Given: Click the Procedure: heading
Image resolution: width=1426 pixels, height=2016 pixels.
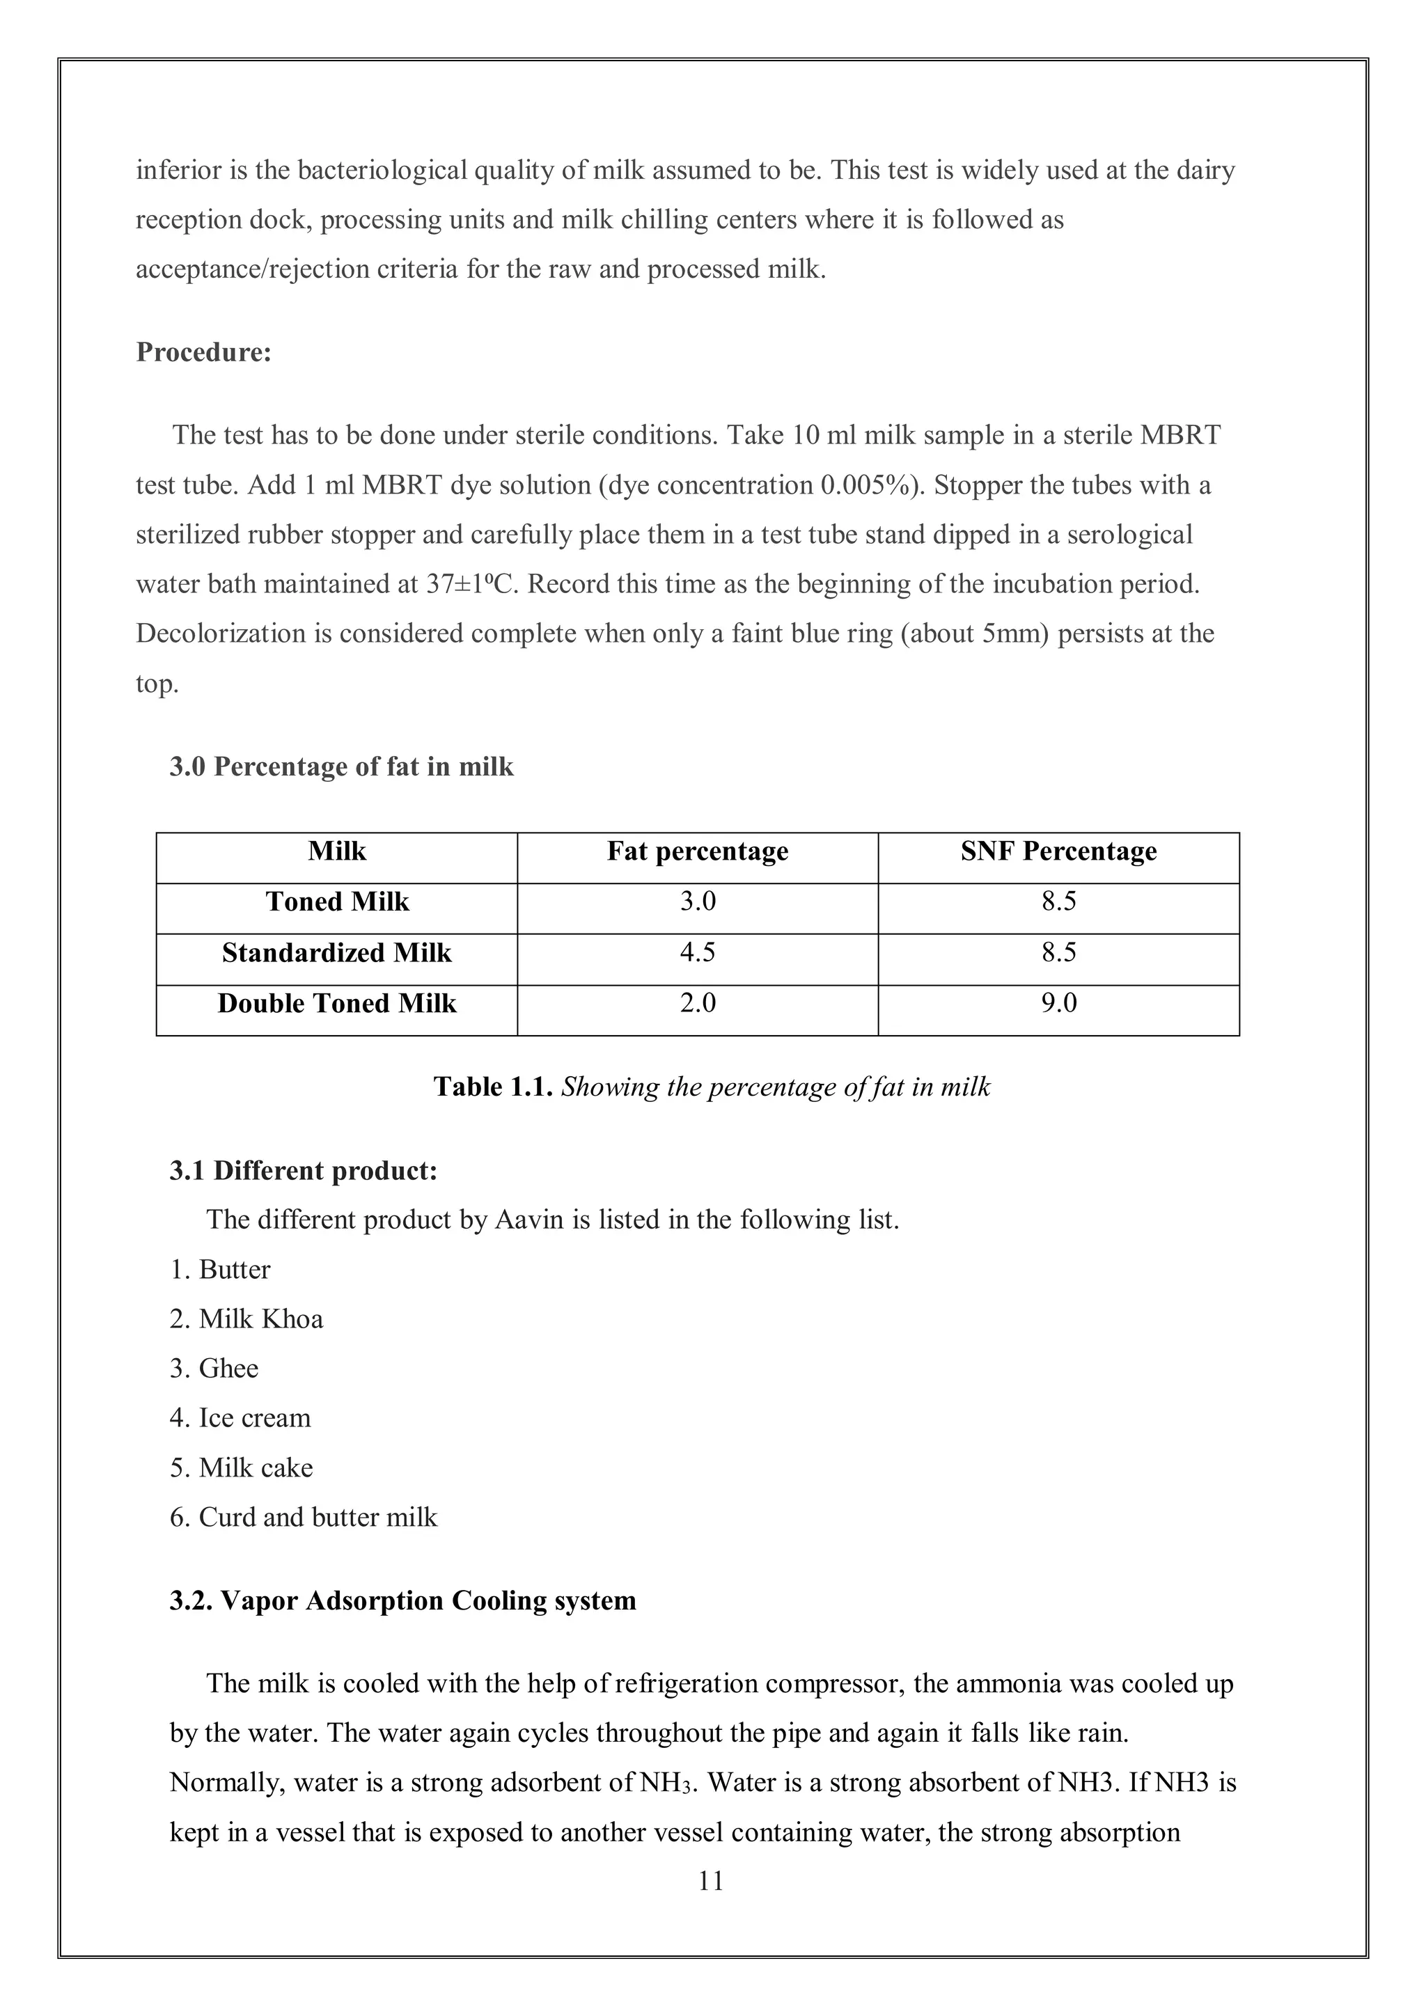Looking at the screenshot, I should pyautogui.click(x=204, y=352).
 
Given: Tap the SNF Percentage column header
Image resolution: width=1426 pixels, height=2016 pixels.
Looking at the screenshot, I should pyautogui.click(x=1058, y=851).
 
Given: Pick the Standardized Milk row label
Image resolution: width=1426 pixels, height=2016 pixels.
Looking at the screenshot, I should pyautogui.click(x=337, y=953).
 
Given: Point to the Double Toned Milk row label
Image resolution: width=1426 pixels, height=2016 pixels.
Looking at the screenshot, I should pyautogui.click(x=337, y=1004).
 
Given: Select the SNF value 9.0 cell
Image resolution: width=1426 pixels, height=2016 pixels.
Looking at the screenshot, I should pyautogui.click(x=1058, y=1004).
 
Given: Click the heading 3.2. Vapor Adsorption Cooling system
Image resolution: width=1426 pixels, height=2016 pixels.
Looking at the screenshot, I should pyautogui.click(x=402, y=1600).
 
